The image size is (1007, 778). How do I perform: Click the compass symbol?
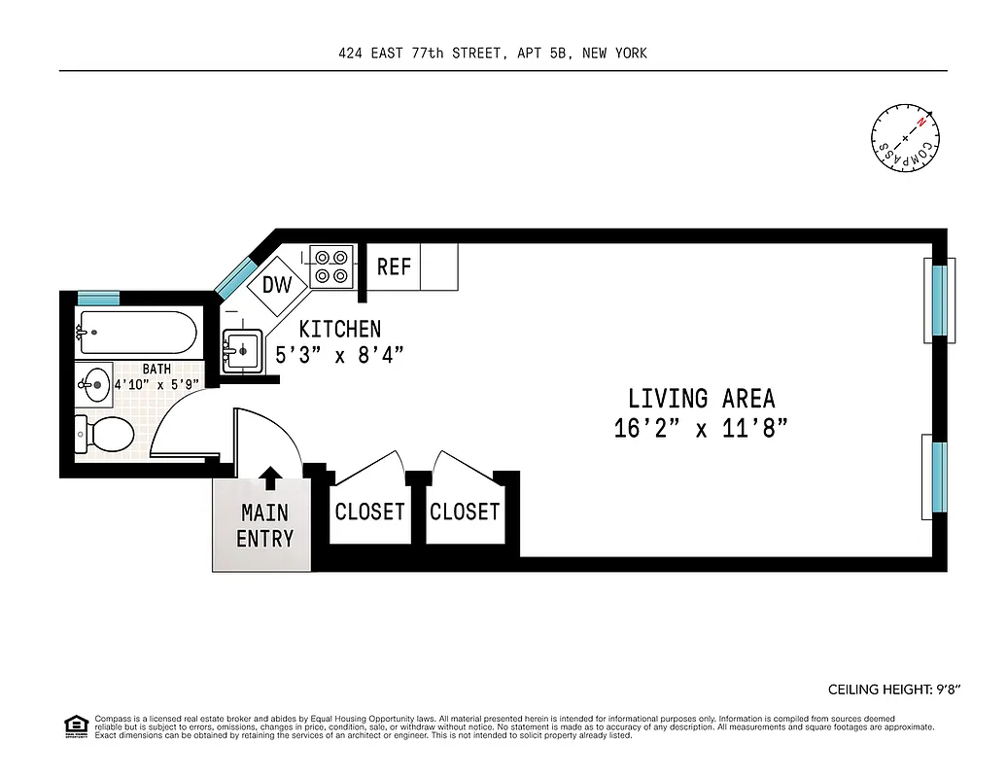pyautogui.click(x=906, y=138)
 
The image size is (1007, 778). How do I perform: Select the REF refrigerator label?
pyautogui.click(x=394, y=266)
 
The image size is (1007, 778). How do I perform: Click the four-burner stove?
pyautogui.click(x=331, y=266)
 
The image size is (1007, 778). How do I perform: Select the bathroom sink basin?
pyautogui.click(x=95, y=385)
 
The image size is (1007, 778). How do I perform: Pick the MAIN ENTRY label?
pyautogui.click(x=264, y=525)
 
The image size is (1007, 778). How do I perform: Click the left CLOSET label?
pyautogui.click(x=369, y=512)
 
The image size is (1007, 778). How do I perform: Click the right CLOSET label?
pyautogui.click(x=465, y=512)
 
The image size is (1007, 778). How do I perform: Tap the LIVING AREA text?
pyautogui.click(x=701, y=399)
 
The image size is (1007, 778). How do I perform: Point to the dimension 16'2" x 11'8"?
pyautogui.click(x=700, y=428)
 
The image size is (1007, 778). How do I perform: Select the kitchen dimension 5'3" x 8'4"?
pyautogui.click(x=339, y=355)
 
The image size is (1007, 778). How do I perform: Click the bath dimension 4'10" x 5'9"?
pyautogui.click(x=156, y=384)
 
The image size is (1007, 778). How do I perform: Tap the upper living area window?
pyautogui.click(x=938, y=300)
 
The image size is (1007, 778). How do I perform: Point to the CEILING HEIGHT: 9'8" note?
pyautogui.click(x=893, y=690)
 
